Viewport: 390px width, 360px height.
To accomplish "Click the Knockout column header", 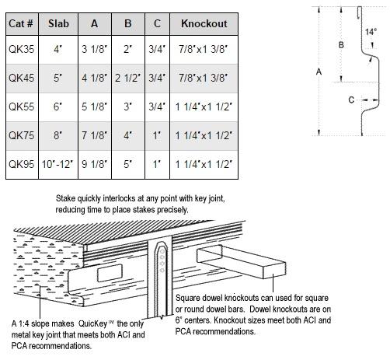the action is point(204,23).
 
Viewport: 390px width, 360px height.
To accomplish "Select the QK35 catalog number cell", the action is point(22,49).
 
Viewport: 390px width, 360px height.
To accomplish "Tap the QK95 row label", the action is point(22,164).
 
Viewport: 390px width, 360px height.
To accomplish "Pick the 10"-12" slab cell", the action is point(57,164).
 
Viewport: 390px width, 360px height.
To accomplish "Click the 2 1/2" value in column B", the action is point(128,78).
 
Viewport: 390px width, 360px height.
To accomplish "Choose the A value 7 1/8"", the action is point(95,135).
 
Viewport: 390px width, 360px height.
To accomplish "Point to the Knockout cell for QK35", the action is point(204,49).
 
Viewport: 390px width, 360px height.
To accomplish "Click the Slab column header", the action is point(58,23).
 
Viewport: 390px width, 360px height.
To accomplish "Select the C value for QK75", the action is point(157,135).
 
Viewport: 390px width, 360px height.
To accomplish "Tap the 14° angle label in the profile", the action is point(371,32).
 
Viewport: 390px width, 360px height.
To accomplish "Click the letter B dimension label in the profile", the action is point(341,45).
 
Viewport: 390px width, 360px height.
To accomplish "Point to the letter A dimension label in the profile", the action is point(319,72).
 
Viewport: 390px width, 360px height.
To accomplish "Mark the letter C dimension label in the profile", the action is point(351,100).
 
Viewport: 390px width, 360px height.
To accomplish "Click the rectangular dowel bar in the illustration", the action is point(242,261).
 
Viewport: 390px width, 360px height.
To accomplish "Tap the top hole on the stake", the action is point(162,251).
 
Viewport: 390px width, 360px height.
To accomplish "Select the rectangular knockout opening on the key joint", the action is point(110,273).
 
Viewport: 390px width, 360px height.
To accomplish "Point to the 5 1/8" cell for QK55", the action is point(95,107).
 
